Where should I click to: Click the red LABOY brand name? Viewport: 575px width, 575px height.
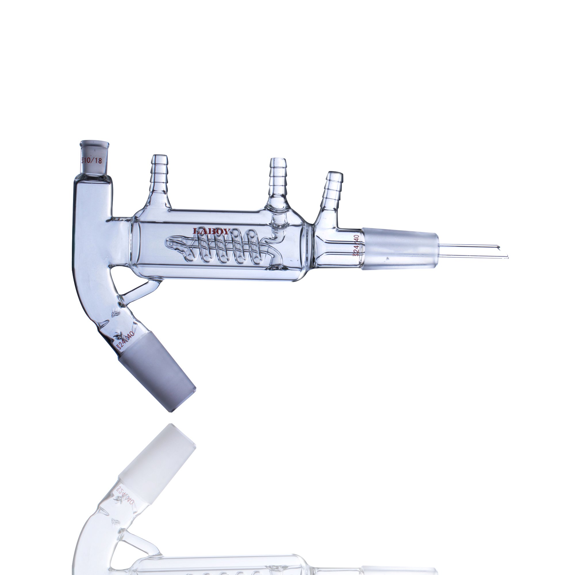(212, 231)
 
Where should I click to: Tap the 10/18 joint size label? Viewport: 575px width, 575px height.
(92, 161)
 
